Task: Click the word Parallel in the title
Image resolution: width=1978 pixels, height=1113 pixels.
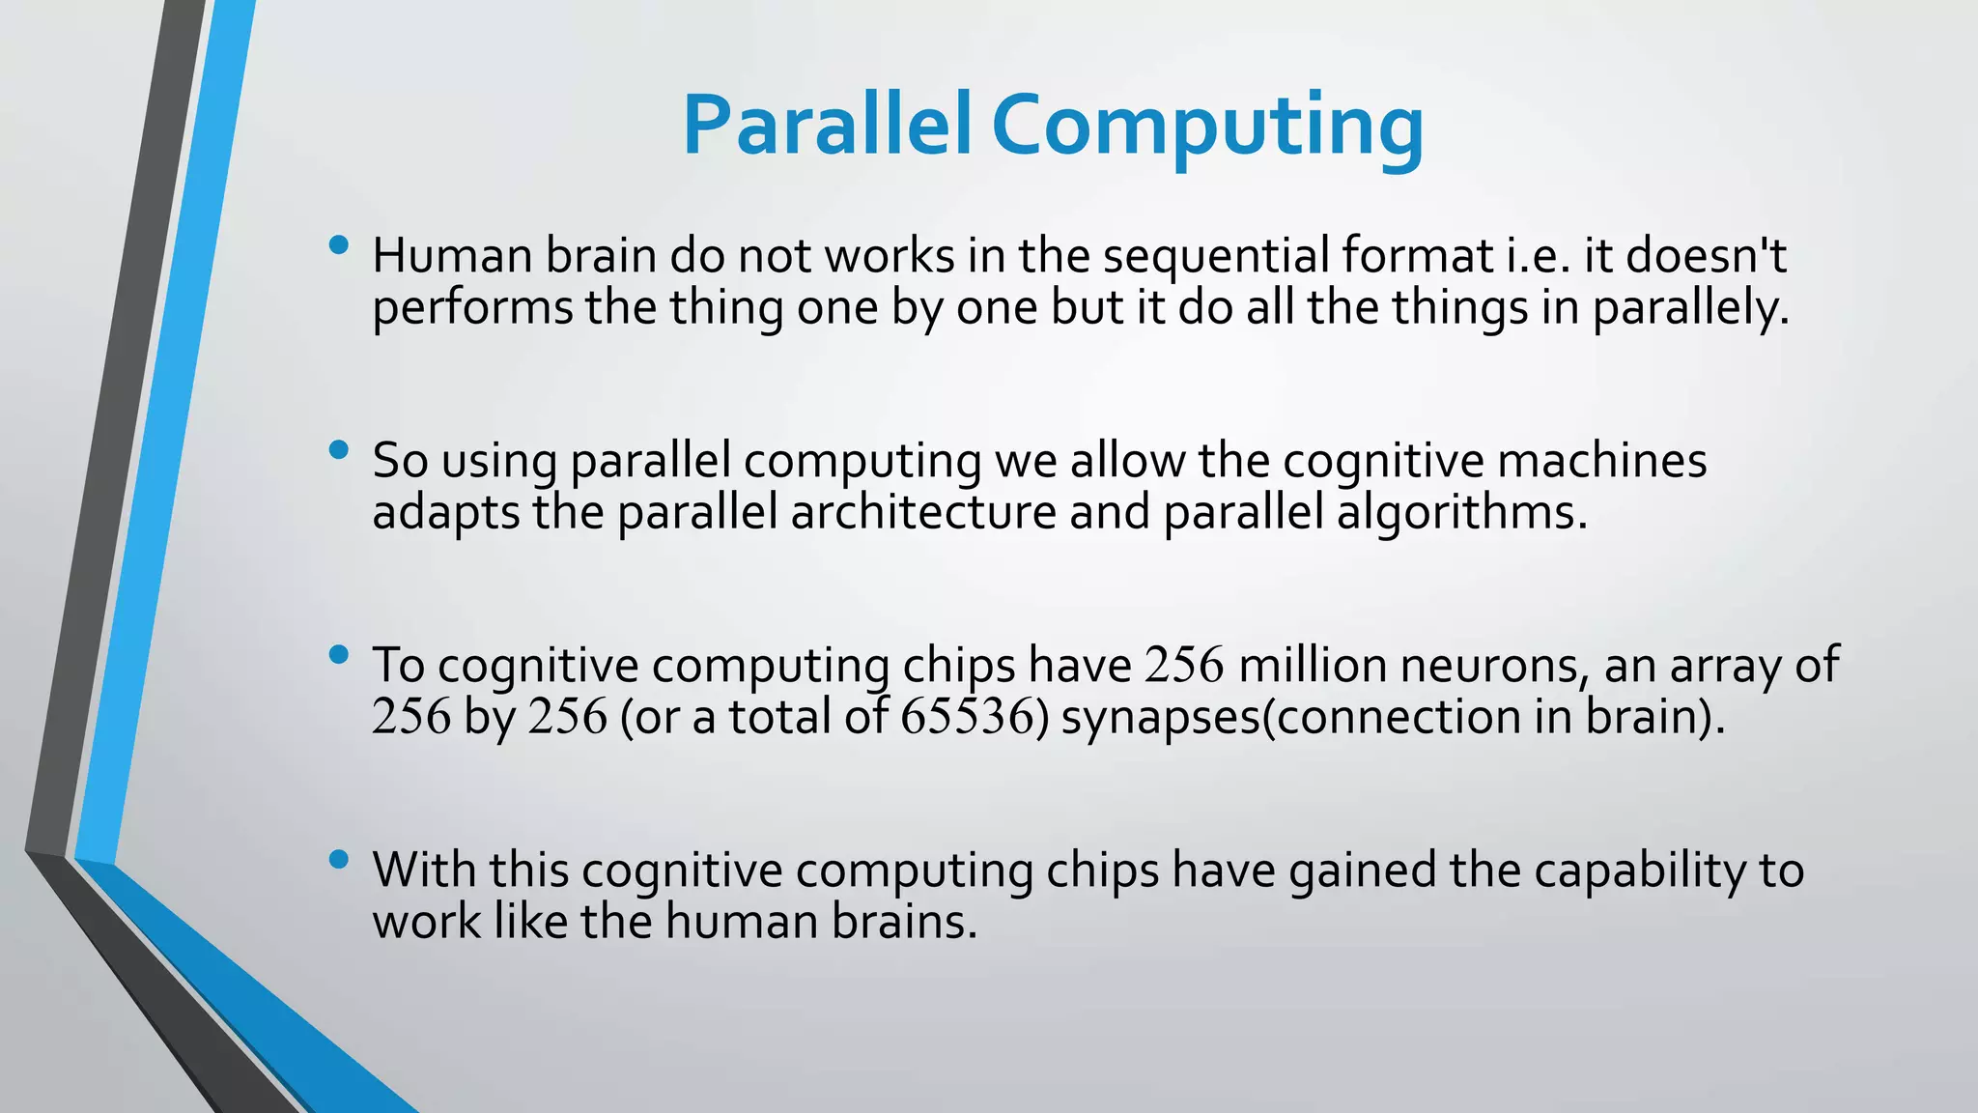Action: pyautogui.click(x=827, y=126)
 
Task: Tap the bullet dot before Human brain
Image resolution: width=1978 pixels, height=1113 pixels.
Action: pyautogui.click(x=338, y=245)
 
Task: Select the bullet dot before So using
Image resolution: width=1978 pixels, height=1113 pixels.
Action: pyautogui.click(x=338, y=449)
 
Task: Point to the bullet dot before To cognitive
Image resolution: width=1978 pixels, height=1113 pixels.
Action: pyautogui.click(x=338, y=655)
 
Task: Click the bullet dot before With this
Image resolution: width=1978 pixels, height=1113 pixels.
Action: pyautogui.click(x=338, y=859)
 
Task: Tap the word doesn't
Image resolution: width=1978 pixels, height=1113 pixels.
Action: pyautogui.click(x=1706, y=257)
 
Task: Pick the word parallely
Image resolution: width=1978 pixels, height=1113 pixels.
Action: pyautogui.click(x=1690, y=309)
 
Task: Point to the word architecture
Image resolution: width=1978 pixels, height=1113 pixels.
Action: pyautogui.click(x=923, y=512)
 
